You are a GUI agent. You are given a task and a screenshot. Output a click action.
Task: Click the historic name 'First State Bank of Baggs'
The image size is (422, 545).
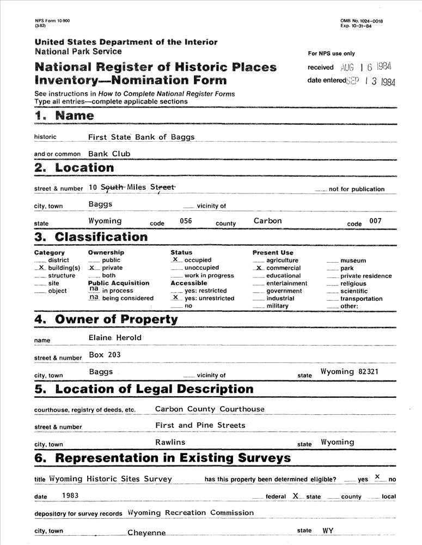[x=141, y=137]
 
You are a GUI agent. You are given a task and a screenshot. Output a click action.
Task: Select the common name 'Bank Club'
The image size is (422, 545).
[x=109, y=154]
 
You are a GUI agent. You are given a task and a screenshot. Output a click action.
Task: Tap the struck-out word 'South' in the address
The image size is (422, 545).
[x=113, y=187]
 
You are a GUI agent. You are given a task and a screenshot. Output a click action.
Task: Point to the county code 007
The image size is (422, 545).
[x=375, y=221]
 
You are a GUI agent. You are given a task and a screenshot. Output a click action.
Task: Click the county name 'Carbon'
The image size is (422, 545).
[x=267, y=221]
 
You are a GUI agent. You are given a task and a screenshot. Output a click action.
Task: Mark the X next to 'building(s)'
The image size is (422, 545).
[x=41, y=268]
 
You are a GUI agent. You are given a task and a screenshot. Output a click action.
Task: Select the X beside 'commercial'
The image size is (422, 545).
[x=260, y=268]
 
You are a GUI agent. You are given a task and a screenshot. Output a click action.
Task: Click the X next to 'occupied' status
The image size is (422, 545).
[x=176, y=260]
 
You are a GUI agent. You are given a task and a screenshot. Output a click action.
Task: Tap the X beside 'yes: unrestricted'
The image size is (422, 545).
[x=176, y=298]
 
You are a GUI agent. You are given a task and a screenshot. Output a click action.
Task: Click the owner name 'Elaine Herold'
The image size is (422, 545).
[x=115, y=337]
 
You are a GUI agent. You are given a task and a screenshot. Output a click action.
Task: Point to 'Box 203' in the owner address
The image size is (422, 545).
[x=105, y=355]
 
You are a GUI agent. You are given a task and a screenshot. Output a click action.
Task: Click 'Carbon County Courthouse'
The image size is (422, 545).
[x=210, y=409]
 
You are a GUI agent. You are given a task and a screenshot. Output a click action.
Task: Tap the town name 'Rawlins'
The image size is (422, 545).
[x=170, y=442]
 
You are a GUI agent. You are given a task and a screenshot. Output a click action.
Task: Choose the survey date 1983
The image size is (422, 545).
[x=70, y=495]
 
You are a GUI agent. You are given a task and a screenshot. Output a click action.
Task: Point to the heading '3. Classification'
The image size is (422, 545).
[x=91, y=237]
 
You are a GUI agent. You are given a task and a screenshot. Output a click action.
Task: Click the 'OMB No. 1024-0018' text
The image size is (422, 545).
[x=362, y=21]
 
